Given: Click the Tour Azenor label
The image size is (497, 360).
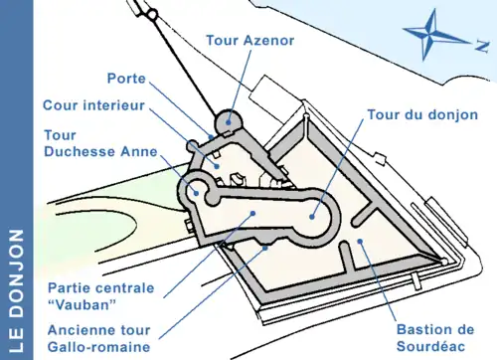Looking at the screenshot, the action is [250, 41].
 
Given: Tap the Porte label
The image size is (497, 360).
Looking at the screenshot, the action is [126, 79].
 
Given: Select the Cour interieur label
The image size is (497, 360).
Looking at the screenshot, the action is [93, 105].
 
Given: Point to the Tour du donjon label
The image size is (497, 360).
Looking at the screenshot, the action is [422, 114].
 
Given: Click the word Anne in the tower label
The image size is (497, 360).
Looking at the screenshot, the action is [139, 151].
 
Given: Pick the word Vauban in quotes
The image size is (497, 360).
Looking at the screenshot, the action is [82, 304].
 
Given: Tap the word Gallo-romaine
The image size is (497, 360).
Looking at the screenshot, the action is [99, 347].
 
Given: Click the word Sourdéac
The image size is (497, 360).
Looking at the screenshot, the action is [431, 346].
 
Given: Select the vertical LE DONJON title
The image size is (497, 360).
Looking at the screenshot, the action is [16, 290].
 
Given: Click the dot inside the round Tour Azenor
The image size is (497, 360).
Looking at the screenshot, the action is [228, 122].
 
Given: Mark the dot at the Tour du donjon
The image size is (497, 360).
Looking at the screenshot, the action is [311, 217].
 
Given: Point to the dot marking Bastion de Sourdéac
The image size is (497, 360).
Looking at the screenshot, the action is [360, 241].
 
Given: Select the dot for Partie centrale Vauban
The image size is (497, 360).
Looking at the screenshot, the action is [252, 214].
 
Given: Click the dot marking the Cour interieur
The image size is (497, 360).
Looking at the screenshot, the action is [217, 166].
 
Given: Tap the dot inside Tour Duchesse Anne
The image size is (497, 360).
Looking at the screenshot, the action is [196, 193].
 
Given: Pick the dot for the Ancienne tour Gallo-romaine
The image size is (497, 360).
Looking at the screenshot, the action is [264, 248].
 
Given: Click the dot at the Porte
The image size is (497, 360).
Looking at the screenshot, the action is [211, 136].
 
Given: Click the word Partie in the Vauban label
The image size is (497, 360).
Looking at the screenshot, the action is [67, 287].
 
